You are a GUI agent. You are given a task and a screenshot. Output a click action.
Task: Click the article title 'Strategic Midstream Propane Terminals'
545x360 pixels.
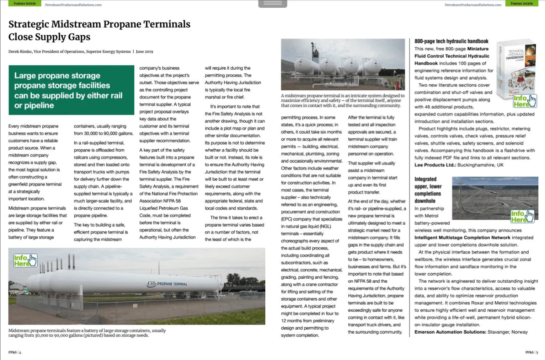pos(99,24)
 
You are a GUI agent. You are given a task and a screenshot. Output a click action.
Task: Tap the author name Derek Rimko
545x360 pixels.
pos(20,51)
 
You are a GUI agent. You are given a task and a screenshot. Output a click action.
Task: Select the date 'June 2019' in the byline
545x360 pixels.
pos(144,51)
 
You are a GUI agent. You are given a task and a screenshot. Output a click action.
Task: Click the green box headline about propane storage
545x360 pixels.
pos(68,90)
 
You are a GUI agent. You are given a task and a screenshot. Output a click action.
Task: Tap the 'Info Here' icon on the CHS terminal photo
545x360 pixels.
pos(25,260)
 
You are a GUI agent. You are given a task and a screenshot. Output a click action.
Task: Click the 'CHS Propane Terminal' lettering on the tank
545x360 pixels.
pos(167,284)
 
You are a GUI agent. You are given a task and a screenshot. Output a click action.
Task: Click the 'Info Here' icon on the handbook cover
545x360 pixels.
pos(525,101)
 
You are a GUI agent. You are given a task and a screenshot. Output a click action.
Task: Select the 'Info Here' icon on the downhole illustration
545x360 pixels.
pos(522,216)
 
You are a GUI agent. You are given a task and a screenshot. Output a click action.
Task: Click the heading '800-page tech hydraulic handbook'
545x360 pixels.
pos(451,41)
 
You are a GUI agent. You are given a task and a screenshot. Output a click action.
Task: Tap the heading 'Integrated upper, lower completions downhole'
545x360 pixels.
pos(428,190)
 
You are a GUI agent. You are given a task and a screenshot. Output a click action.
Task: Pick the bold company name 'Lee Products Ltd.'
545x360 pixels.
pos(435,165)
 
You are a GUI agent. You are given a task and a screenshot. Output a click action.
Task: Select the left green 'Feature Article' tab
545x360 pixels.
pos(24,3)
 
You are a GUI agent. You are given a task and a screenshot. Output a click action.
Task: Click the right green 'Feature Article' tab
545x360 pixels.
pos(521,3)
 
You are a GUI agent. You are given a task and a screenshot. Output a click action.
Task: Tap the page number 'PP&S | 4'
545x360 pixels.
pos(15,352)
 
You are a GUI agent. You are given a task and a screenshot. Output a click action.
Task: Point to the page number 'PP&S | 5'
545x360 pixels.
pos(531,352)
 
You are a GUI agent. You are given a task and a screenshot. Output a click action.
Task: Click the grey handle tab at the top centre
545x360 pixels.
pos(273,3)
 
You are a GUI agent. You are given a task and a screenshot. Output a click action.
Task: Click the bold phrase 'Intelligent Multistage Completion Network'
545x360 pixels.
pos(462,238)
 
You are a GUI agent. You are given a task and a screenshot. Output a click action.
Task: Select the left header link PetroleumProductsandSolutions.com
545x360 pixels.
pos(73,5)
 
